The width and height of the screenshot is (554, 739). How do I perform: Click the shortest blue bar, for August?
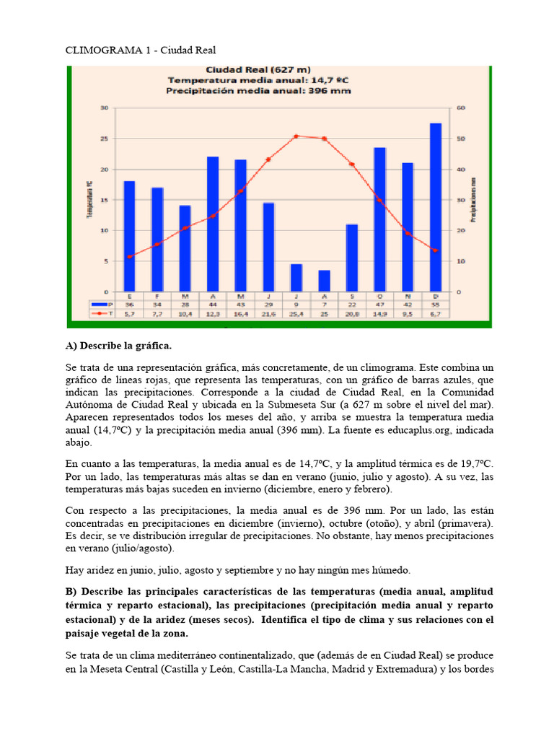[x=324, y=281]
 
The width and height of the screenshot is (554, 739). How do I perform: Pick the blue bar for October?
[x=379, y=219]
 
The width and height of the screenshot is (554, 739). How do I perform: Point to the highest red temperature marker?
[x=296, y=136]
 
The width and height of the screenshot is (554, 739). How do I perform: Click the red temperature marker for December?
[x=435, y=250]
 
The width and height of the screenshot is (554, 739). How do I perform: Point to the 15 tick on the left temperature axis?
[x=104, y=200]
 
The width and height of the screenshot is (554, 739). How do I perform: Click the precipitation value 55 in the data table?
[x=435, y=305]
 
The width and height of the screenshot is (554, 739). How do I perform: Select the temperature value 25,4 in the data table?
[x=296, y=314]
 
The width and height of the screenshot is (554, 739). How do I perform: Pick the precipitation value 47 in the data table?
[x=379, y=305]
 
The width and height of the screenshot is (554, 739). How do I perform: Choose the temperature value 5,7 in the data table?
[x=129, y=314]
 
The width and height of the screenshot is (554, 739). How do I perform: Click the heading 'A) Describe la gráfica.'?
[x=119, y=346]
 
